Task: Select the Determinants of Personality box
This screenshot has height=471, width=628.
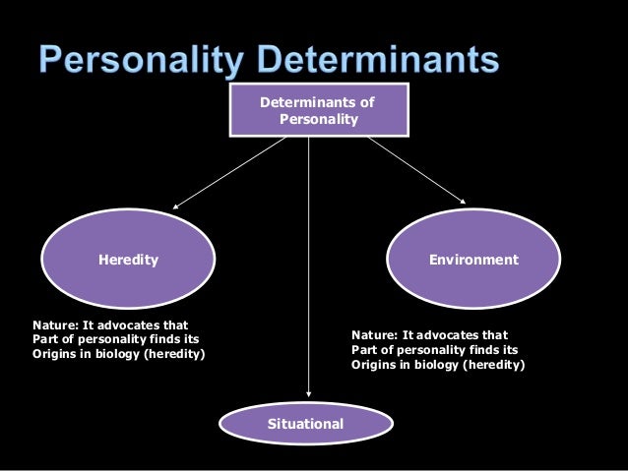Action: pos(316,110)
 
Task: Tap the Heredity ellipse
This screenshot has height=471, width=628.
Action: pos(128,261)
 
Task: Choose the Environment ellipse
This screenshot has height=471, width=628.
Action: pos(472,261)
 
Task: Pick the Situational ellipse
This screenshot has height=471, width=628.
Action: pos(305,424)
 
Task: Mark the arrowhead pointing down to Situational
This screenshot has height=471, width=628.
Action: pos(309,395)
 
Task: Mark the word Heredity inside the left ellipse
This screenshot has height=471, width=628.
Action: pos(128,261)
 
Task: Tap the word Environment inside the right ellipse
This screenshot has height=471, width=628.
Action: pos(472,261)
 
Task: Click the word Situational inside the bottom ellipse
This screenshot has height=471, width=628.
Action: pos(305,424)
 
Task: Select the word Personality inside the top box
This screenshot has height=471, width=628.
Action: pos(318,120)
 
